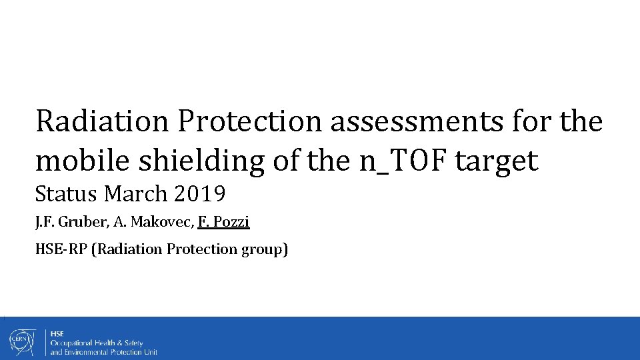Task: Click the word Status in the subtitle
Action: click(67, 195)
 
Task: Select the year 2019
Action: click(200, 195)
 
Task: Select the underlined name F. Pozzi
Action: click(223, 222)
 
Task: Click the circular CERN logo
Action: click(21, 341)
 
